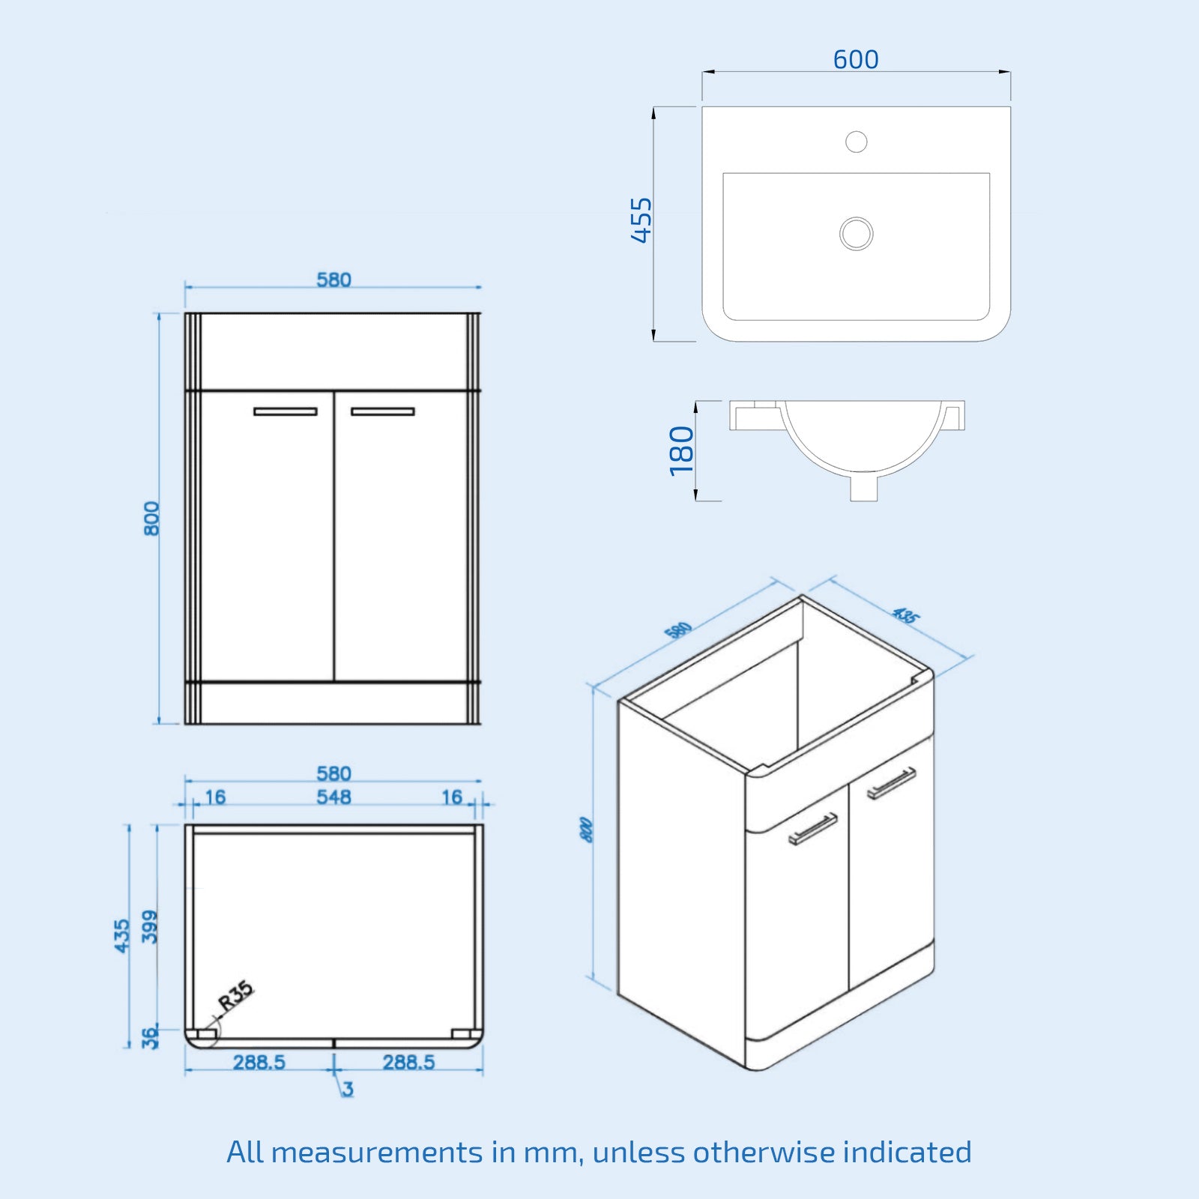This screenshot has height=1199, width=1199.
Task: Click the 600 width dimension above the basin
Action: [x=856, y=59]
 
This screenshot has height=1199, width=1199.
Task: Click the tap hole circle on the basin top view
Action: [x=856, y=141]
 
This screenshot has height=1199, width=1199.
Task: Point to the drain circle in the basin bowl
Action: [x=856, y=233]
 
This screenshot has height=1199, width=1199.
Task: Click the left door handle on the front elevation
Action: [x=285, y=411]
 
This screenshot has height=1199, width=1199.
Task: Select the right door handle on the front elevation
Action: [x=382, y=411]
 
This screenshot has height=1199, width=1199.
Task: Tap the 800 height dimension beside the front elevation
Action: [x=152, y=519]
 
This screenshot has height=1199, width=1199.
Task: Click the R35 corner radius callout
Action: [x=236, y=996]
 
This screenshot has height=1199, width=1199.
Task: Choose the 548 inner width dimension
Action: [x=333, y=797]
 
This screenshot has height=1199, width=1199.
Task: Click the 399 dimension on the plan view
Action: [x=151, y=926]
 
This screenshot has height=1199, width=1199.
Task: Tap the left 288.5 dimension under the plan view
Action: [x=259, y=1062]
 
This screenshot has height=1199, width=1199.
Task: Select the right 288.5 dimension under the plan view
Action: [x=408, y=1062]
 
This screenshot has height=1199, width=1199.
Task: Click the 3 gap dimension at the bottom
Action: [x=348, y=1089]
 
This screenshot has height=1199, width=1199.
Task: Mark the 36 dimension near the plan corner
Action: [x=151, y=1037]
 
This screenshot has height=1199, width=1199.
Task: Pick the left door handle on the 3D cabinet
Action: [x=813, y=829]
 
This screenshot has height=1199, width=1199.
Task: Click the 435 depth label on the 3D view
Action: [x=905, y=616]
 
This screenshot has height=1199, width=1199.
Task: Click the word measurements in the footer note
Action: [x=377, y=1152]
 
